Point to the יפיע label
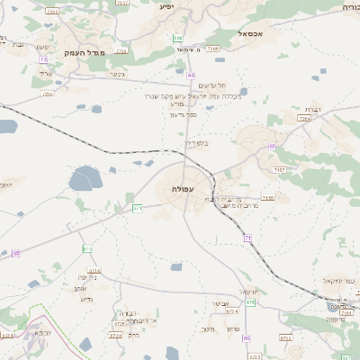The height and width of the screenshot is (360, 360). point(167,6)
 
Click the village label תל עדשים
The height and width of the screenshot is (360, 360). point(211,85)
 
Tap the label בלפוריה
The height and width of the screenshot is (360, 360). point(196,142)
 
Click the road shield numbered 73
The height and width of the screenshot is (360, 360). point(43,60)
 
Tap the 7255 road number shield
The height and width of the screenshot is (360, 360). point(48,93)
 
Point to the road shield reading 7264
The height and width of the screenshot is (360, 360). point(304,118)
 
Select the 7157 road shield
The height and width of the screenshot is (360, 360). point(280,169)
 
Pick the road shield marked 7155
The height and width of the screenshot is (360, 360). point(266,198)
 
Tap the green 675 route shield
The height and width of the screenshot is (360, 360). point(250,302)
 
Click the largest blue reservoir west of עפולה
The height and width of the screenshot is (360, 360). point(86,179)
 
